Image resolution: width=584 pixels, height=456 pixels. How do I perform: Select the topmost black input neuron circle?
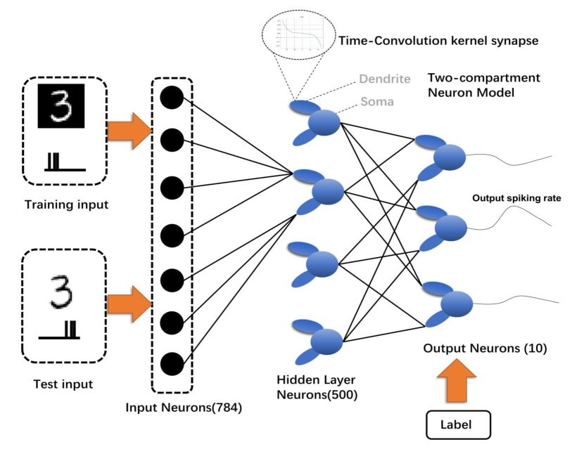coord(172,98)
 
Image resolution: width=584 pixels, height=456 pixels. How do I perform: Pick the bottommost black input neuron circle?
coord(172,364)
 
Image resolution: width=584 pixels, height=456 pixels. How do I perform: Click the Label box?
coord(457,424)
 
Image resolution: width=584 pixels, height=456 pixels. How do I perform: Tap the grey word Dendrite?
coord(384,79)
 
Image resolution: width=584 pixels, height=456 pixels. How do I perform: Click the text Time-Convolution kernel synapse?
coord(438,41)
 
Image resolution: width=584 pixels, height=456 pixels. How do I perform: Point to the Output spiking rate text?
coord(516,198)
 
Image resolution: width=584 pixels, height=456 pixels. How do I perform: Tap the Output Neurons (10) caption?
coord(475,348)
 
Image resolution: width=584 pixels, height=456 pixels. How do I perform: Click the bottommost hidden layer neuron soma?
coord(326,341)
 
